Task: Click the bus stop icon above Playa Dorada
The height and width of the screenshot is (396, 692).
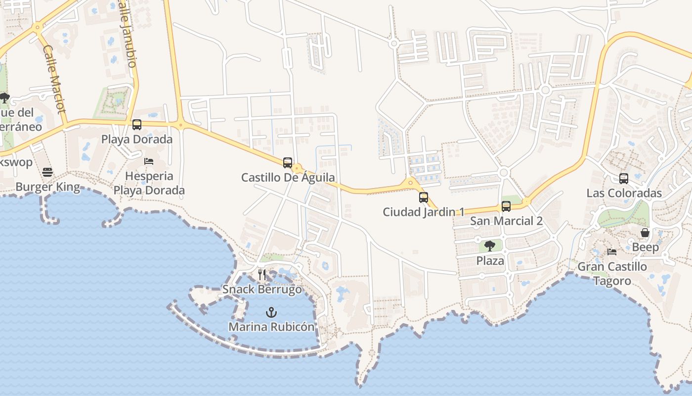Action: point(137,125)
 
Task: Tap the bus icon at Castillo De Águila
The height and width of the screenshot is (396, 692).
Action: point(288,162)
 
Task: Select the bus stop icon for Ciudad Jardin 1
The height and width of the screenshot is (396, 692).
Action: point(424,198)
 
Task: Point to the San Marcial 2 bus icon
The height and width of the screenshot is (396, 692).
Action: point(506,206)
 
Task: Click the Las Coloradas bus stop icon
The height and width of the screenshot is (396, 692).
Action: point(624,179)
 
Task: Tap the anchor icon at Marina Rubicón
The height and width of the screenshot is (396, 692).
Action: point(271,312)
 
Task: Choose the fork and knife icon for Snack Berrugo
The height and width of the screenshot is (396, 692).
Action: point(262,274)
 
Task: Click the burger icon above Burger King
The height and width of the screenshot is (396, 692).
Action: point(47,172)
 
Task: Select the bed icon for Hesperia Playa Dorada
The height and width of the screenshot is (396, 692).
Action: point(149,161)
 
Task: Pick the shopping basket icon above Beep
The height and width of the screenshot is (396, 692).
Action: point(645,233)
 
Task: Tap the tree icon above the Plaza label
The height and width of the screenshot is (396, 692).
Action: point(490,246)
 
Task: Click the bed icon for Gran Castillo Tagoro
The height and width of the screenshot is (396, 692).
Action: point(612,251)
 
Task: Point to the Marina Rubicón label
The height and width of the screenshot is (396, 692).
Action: point(271,327)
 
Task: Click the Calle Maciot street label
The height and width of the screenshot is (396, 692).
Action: point(54,79)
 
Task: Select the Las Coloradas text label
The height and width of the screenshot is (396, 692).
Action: point(624,193)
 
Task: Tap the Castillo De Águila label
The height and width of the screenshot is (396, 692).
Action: point(288,177)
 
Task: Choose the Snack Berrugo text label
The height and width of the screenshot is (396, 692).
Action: point(262,289)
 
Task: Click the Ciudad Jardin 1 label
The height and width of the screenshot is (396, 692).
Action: point(424,212)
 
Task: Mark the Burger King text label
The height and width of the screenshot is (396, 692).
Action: point(47,187)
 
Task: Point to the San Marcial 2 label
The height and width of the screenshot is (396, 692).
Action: point(506,221)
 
